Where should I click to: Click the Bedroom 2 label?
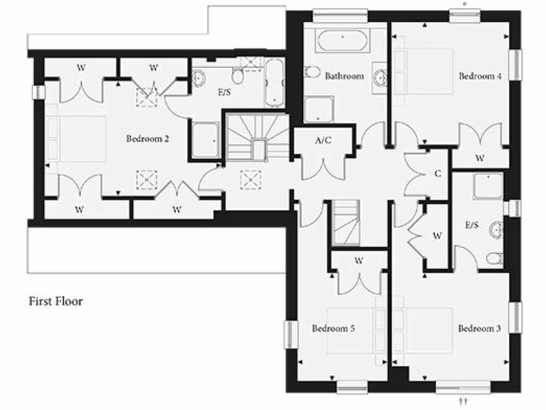[148, 139]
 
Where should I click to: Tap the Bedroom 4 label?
[480, 76]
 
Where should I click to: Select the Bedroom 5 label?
[333, 328]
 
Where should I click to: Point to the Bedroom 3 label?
[479, 328]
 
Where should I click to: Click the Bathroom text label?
[344, 76]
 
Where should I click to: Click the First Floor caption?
[55, 301]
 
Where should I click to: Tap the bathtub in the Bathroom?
[341, 41]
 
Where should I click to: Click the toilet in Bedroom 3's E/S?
[494, 259]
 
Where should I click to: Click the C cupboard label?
[438, 174]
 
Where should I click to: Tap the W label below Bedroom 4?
[480, 158]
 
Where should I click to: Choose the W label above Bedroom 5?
[359, 261]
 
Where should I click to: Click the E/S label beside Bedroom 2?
[223, 92]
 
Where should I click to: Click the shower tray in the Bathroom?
[319, 109]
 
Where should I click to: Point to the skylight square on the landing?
[251, 179]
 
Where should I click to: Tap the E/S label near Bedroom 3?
[472, 225]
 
